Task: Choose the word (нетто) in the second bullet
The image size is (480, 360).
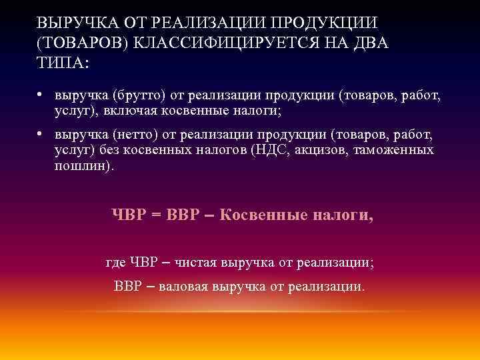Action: pyautogui.click(x=133, y=136)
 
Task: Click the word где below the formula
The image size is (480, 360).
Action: pyautogui.click(x=115, y=263)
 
